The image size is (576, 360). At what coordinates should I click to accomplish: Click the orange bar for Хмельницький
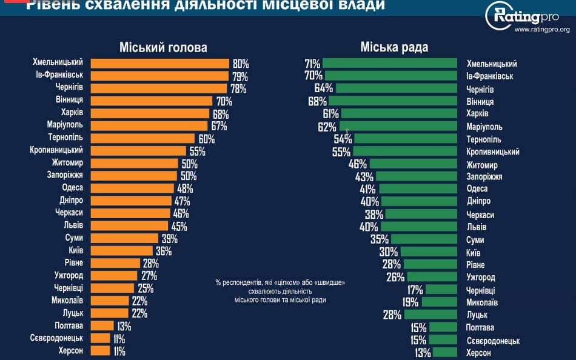[159, 63]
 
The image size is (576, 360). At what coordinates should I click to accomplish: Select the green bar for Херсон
[445, 352]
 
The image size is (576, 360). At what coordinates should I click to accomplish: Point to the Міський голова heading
[163, 48]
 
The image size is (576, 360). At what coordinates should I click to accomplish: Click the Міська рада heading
[394, 48]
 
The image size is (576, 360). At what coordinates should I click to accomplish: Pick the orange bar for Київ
[122, 250]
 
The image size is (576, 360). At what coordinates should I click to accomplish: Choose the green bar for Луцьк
[430, 315]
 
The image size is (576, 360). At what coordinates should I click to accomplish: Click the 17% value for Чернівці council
[415, 290]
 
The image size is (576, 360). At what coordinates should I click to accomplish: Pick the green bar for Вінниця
[393, 101]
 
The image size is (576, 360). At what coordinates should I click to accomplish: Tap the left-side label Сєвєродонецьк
[56, 338]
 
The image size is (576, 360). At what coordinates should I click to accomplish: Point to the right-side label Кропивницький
[492, 152]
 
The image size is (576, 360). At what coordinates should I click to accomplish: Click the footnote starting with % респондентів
[280, 291]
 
